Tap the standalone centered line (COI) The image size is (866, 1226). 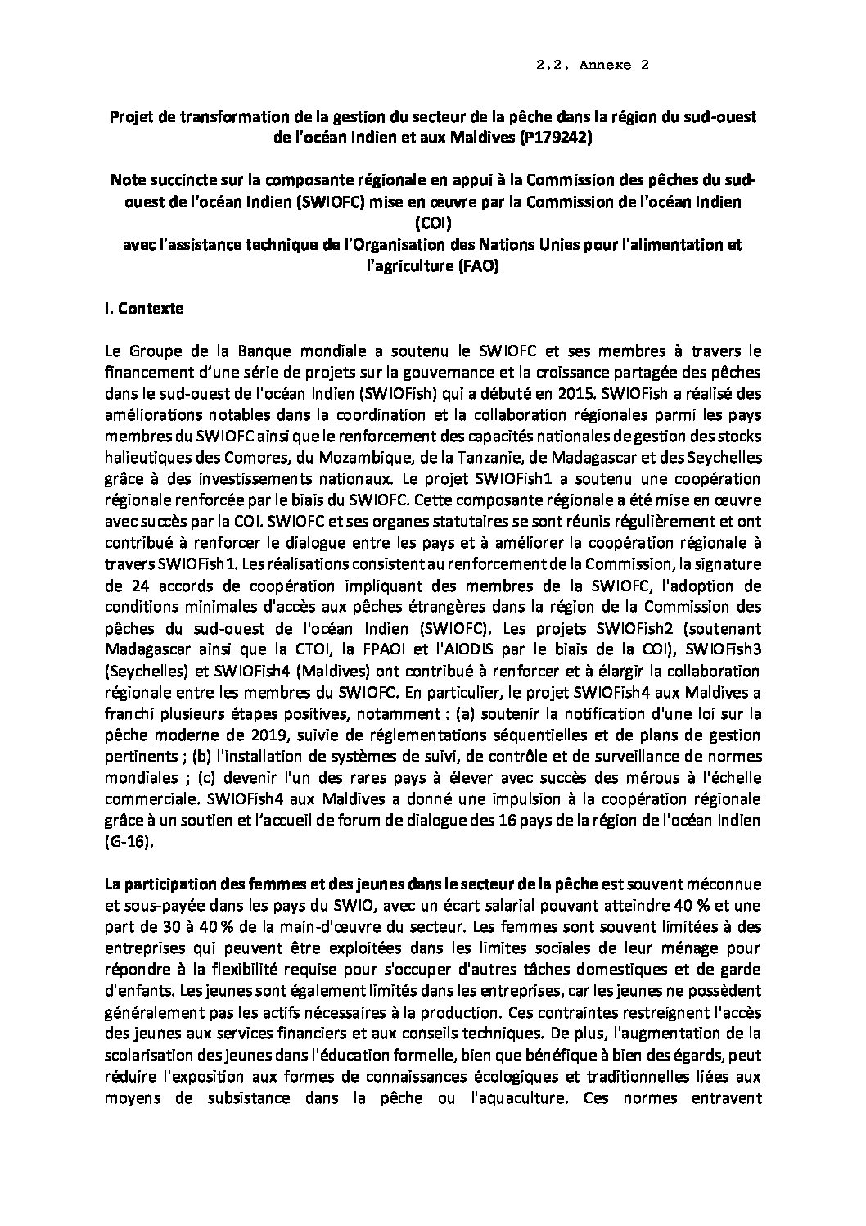click(435, 222)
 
